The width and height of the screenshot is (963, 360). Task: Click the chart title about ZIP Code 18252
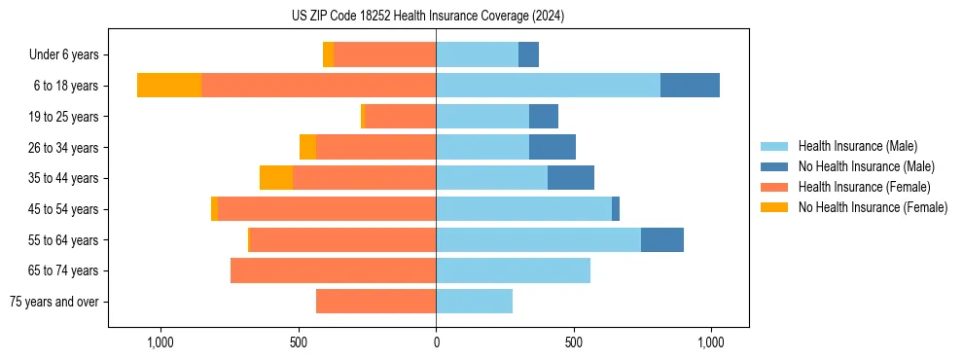tap(428, 17)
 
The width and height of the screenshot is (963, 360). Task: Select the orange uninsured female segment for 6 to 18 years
tap(169, 86)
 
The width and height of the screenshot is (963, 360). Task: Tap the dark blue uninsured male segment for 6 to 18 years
tap(690, 86)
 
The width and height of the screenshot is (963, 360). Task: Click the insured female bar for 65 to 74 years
tap(333, 270)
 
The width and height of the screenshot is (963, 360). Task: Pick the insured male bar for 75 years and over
tap(474, 302)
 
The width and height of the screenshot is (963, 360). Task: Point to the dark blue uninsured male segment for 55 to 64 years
tap(662, 239)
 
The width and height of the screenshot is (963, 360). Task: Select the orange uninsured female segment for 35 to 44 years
tap(276, 178)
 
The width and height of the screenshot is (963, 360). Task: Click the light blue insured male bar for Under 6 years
tap(477, 54)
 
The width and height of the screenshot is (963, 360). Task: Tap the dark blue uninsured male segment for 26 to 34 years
tap(553, 147)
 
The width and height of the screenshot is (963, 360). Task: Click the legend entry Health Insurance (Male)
tap(857, 146)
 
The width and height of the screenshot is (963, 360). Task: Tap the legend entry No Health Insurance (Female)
tap(873, 207)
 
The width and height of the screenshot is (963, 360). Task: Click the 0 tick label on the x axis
tap(436, 342)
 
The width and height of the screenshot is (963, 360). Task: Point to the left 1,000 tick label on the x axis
tap(160, 342)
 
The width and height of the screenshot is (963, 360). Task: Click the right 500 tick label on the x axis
tap(574, 342)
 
